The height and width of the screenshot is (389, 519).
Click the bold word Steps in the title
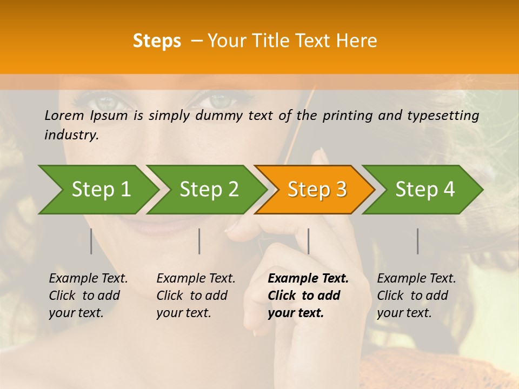pyautogui.click(x=157, y=41)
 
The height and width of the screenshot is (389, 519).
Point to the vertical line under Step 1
pyautogui.click(x=91, y=241)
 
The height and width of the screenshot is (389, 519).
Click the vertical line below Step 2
pyautogui.click(x=199, y=241)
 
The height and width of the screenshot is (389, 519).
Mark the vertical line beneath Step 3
pyautogui.click(x=308, y=241)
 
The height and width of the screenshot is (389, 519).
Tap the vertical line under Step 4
pyautogui.click(x=418, y=241)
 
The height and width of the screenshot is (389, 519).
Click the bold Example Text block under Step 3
pyautogui.click(x=308, y=296)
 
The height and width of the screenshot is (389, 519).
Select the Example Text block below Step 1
pyautogui.click(x=88, y=296)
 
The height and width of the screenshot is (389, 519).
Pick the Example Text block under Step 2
pyautogui.click(x=196, y=296)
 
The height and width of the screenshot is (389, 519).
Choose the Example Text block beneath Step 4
pyautogui.click(x=416, y=296)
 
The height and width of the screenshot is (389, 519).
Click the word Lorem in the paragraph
pyautogui.click(x=64, y=115)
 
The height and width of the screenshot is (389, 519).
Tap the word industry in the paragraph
pyautogui.click(x=71, y=135)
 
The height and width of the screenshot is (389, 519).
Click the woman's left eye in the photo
pyautogui.click(x=108, y=101)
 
